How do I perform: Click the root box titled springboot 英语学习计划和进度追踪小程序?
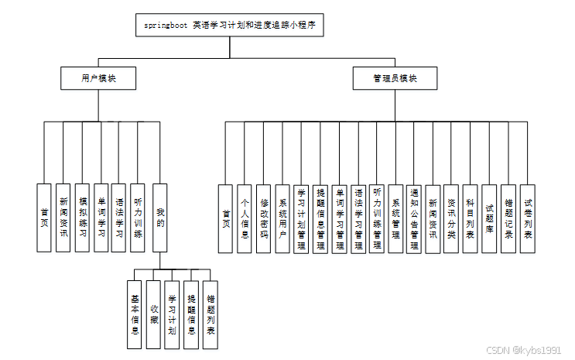[230, 26]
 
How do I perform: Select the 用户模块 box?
[98, 77]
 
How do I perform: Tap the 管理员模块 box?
[395, 77]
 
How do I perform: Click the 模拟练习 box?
[83, 218]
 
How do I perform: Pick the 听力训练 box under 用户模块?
[138, 218]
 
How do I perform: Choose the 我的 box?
[160, 218]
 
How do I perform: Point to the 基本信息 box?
[135, 314]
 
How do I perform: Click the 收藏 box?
[154, 314]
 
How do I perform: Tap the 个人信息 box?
[245, 219]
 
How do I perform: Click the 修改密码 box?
[263, 219]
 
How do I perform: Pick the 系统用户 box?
[282, 219]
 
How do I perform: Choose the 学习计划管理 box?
[301, 219]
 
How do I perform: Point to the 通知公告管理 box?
[415, 219]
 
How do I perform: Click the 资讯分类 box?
[451, 219]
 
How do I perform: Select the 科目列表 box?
[470, 219]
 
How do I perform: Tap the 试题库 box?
[489, 219]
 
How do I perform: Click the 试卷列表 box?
[527, 219]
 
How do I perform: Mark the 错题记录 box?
[508, 219]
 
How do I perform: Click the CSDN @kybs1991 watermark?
[523, 350]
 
